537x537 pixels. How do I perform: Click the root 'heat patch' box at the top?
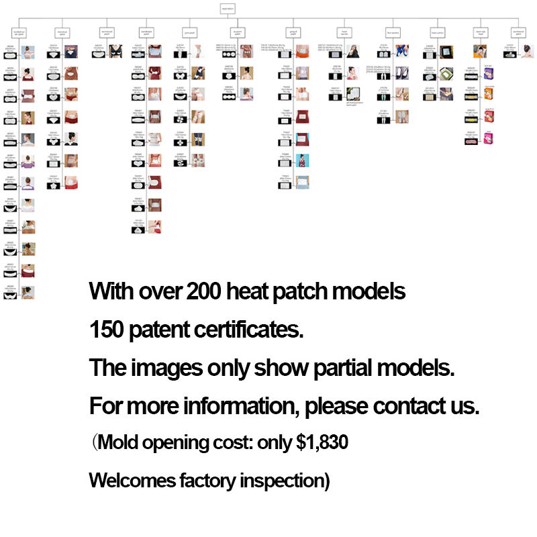point(228,9)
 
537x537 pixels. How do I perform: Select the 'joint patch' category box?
point(189,32)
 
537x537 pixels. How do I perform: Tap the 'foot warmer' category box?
point(393,32)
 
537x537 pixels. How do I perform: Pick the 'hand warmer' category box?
point(344,32)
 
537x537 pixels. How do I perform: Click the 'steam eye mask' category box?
point(481,32)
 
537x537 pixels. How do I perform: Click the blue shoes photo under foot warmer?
point(402,50)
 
